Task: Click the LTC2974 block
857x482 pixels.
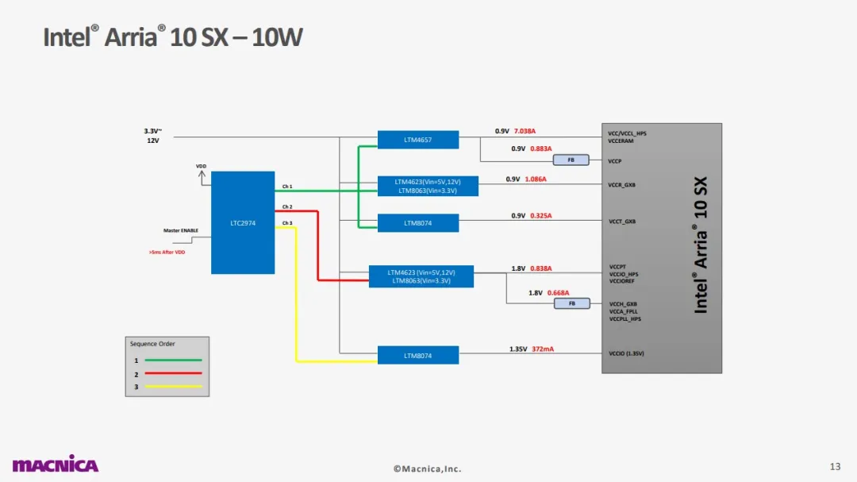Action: tap(243, 223)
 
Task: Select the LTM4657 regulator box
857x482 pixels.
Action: tap(418, 140)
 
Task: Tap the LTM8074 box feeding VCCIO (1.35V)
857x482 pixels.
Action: tap(418, 356)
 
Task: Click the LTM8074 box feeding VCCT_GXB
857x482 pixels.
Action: tap(418, 223)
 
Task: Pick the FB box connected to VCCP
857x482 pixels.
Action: tap(571, 160)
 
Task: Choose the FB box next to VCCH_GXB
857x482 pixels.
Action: tap(571, 303)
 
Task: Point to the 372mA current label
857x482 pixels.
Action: tap(544, 349)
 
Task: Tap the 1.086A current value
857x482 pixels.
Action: tap(536, 179)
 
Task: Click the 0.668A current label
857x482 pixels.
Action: tap(559, 293)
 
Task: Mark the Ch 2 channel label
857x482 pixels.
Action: tap(287, 206)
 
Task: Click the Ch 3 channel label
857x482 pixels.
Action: tap(287, 223)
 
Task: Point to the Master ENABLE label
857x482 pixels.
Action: tap(181, 231)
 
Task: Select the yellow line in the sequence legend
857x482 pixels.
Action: tap(173, 387)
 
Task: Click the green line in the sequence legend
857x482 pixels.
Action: tap(173, 361)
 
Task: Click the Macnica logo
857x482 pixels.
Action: tap(55, 465)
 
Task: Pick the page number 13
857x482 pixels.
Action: tap(835, 465)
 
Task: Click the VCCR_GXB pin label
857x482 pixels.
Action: tap(621, 185)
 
